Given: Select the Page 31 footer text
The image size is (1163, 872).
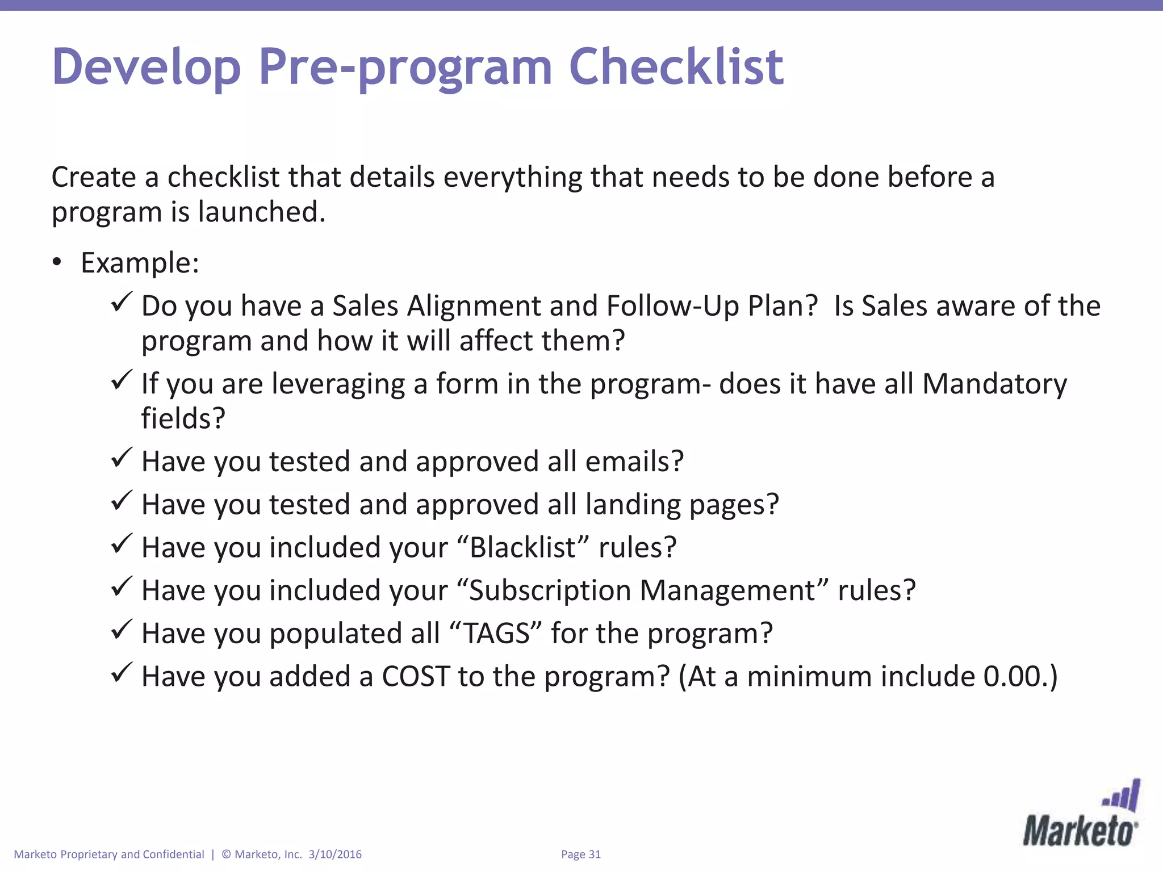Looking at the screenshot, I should click(x=580, y=854).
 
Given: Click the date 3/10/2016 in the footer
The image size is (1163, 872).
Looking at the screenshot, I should click(x=335, y=854).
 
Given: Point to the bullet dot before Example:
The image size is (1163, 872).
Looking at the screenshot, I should click(x=56, y=262).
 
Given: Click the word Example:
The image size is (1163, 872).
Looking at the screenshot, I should click(x=140, y=263).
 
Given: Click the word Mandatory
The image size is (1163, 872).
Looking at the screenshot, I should click(x=994, y=384).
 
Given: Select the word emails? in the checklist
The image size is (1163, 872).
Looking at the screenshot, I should click(x=634, y=461).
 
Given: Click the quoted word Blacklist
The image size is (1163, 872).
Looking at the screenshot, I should click(x=522, y=547).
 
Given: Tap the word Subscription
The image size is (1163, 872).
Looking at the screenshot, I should click(x=550, y=590).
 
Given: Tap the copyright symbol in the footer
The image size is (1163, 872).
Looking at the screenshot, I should click(x=226, y=854).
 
